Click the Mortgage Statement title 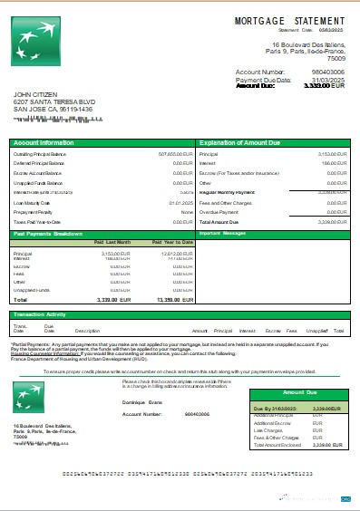coord(289,19)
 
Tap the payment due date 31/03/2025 coord(328,80)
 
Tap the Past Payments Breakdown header coord(50,234)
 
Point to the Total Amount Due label coord(219,221)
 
